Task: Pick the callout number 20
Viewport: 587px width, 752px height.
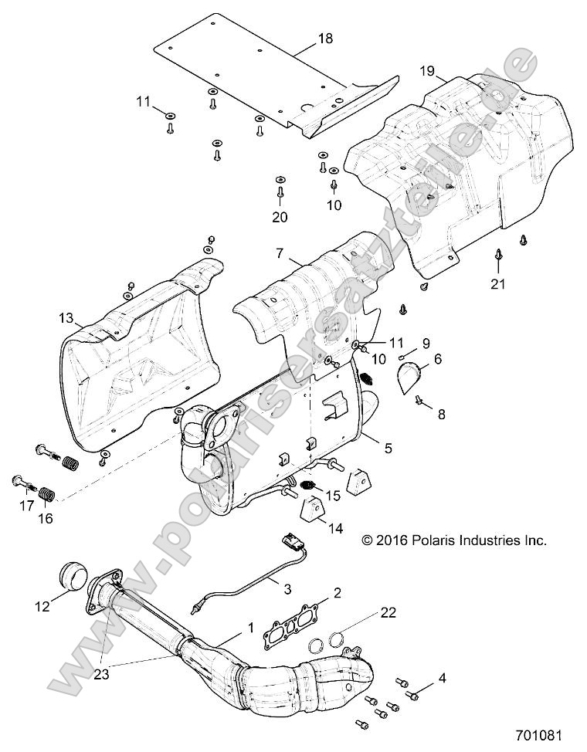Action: click(x=280, y=217)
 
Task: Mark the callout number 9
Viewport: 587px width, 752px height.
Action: click(x=404, y=342)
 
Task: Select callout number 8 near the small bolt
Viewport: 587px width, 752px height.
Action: click(x=441, y=415)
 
